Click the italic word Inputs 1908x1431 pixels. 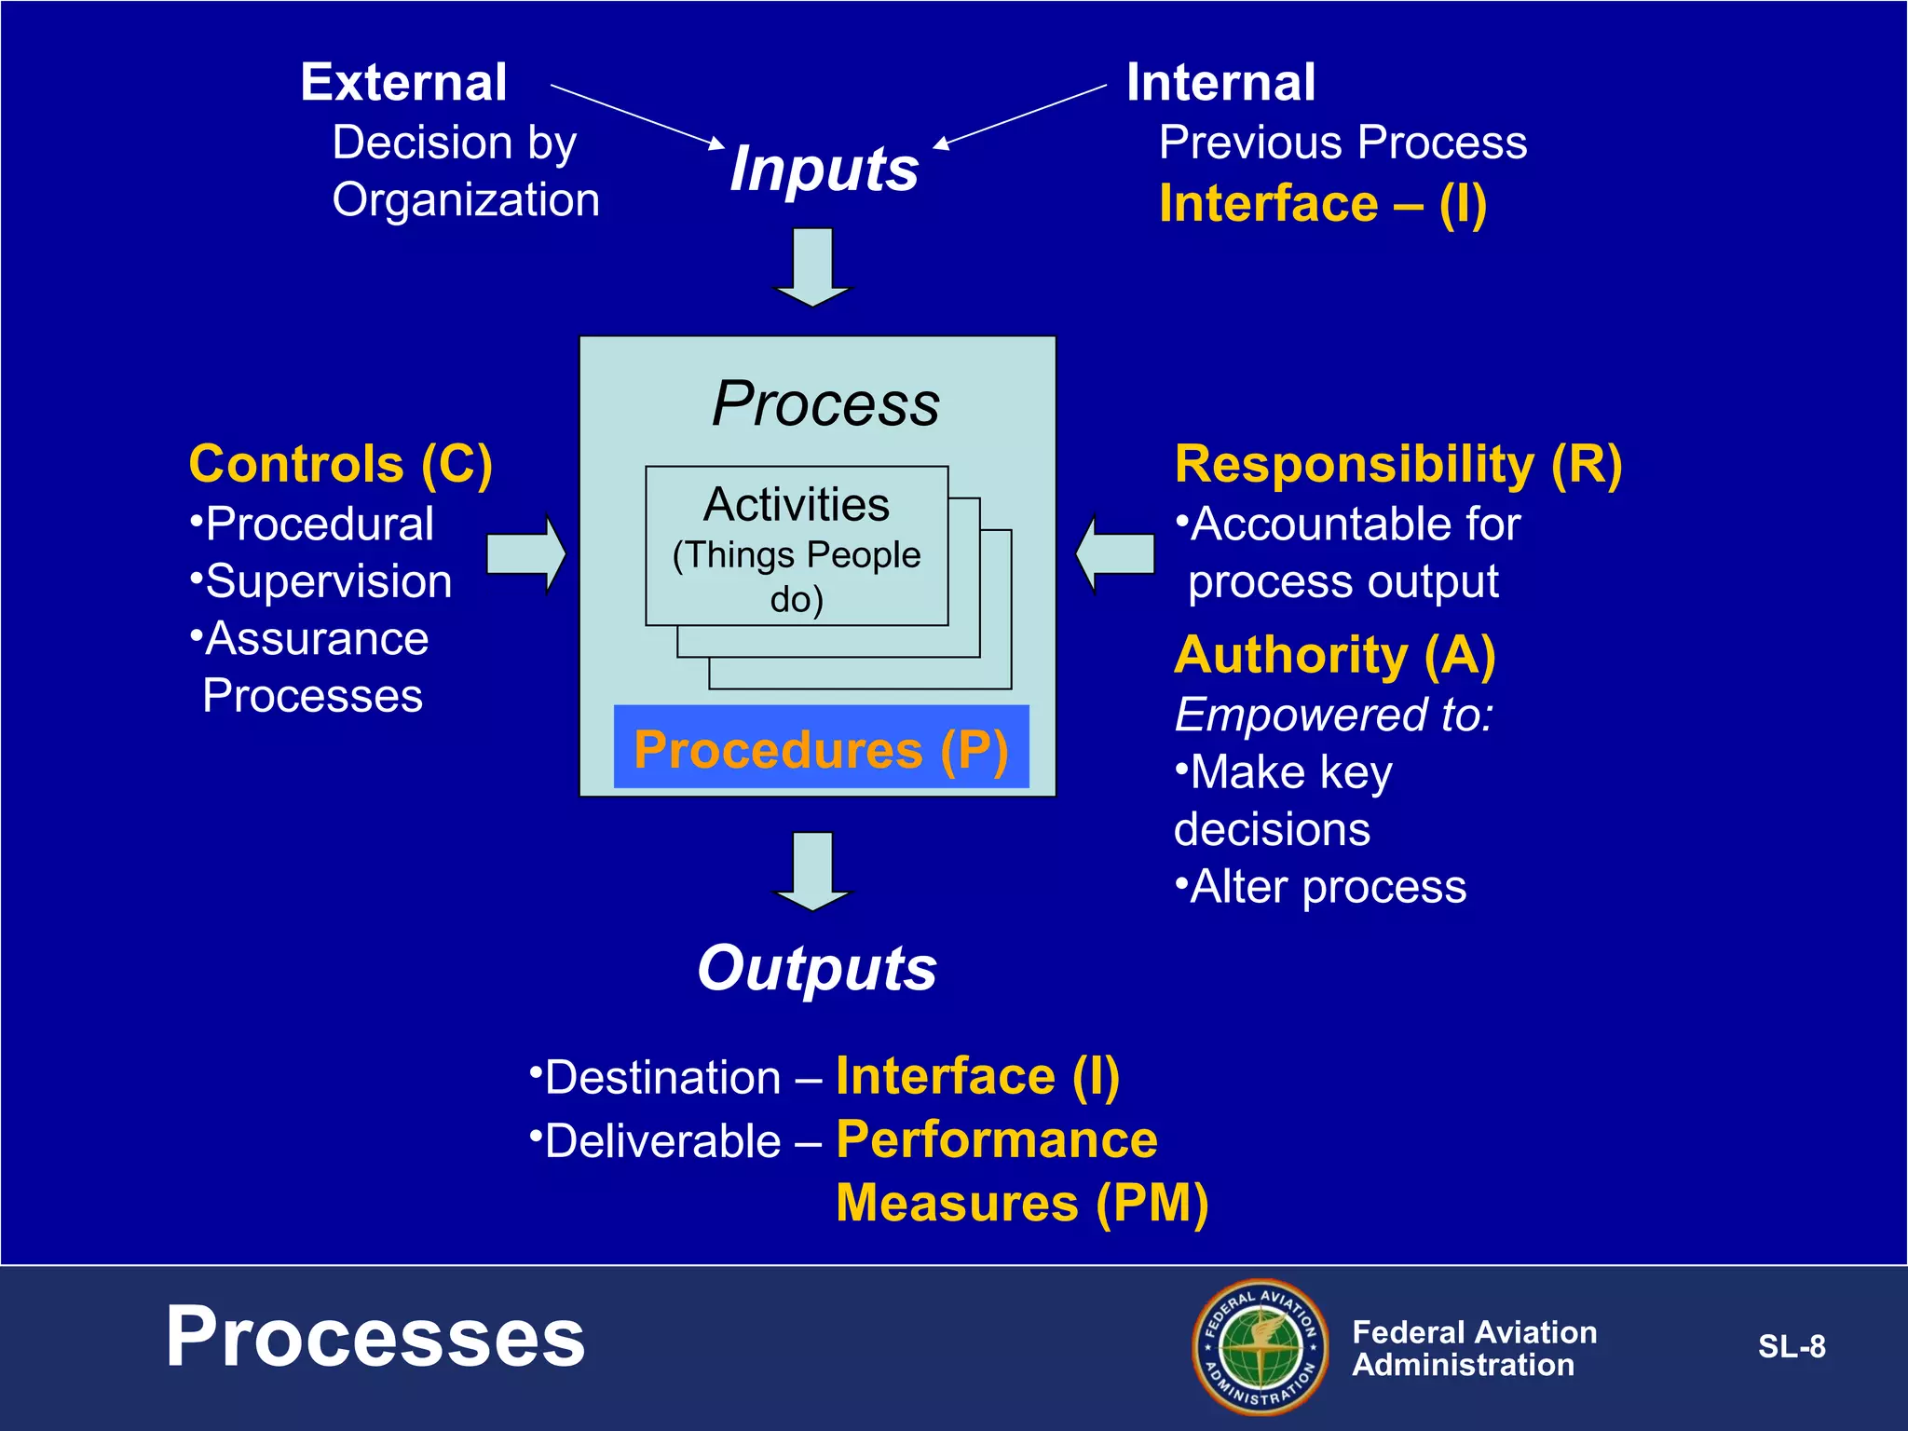tap(825, 170)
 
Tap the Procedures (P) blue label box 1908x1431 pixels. tap(821, 748)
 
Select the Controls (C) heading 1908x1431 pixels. tap(340, 464)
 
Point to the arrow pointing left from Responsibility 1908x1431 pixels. tap(1115, 554)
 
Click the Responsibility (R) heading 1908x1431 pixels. tap(1397, 464)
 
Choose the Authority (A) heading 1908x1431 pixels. tap(1334, 655)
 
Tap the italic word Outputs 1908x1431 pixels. tap(817, 969)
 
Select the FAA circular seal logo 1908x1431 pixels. tap(1261, 1346)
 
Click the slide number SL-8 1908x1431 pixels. tap(1791, 1346)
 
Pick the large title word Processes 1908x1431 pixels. tap(375, 1337)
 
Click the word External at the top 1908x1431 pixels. tap(403, 82)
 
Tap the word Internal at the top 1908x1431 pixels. tap(1220, 82)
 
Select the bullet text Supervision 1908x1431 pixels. tap(328, 581)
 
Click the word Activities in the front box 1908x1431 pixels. tap(797, 505)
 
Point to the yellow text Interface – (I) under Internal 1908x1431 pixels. tap(1322, 204)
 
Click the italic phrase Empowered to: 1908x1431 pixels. tap(1333, 715)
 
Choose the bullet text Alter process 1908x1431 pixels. tap(1327, 887)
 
